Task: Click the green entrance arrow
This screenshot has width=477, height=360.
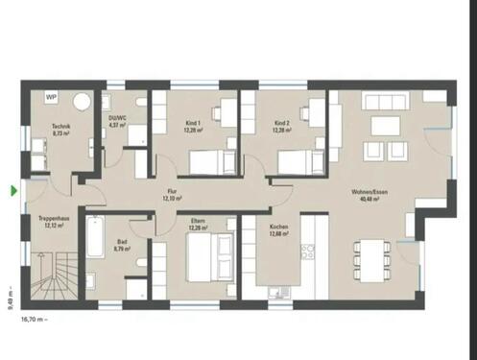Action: coord(13,191)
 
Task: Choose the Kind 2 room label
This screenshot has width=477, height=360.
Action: coord(281,126)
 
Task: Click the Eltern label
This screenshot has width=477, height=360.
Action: coord(199,225)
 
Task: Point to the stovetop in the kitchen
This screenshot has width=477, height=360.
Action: coord(308,252)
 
